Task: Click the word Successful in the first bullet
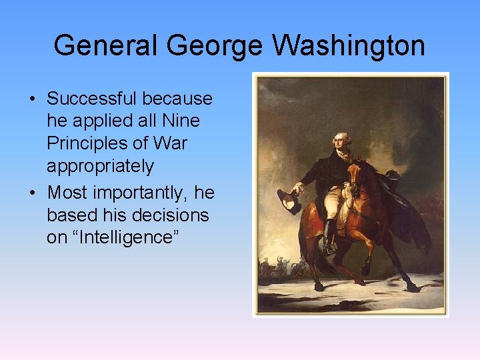(x=91, y=99)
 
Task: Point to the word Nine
(x=182, y=121)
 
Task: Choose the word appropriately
(x=100, y=166)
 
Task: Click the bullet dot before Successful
(x=32, y=100)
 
